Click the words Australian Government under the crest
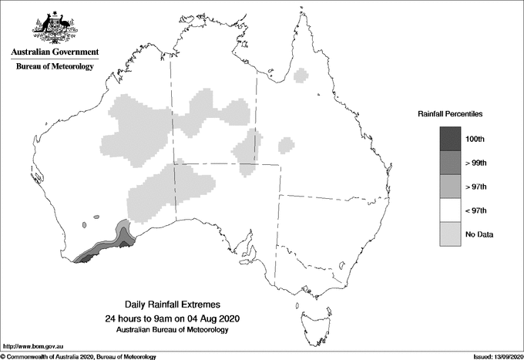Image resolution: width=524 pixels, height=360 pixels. click(x=54, y=52)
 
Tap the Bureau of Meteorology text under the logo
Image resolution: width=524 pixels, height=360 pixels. click(x=55, y=66)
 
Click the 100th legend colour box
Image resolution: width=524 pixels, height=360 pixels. click(x=450, y=139)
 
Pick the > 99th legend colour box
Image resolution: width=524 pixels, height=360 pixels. click(x=450, y=163)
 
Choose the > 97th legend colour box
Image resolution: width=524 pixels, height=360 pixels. click(x=450, y=187)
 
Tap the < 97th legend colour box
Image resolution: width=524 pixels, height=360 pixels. click(x=450, y=210)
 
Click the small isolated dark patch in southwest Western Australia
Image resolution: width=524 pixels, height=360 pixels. click(x=83, y=225)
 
